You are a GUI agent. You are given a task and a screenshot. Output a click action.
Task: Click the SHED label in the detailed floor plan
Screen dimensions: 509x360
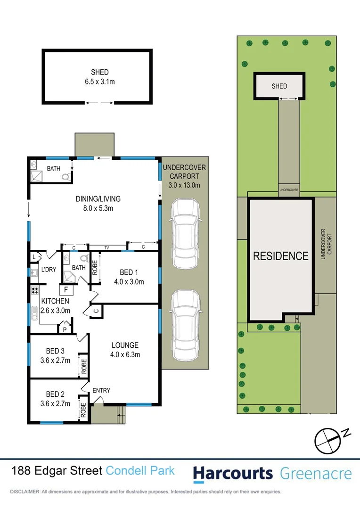pyautogui.click(x=99, y=72)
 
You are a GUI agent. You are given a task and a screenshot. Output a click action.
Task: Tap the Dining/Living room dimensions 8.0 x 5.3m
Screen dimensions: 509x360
pyautogui.click(x=98, y=207)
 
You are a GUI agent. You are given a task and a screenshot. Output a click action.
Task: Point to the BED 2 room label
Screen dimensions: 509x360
pyautogui.click(x=55, y=394)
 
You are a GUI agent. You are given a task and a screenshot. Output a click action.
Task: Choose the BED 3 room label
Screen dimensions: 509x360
pyautogui.click(x=55, y=351)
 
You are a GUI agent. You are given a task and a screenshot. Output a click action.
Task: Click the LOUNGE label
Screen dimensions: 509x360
pyautogui.click(x=125, y=345)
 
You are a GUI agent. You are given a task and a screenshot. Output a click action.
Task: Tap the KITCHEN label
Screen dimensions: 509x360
pyautogui.click(x=55, y=301)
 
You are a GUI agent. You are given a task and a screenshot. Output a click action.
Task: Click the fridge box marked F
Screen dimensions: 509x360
pyautogui.click(x=66, y=289)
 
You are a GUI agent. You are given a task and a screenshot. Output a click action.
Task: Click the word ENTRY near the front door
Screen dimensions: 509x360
pyautogui.click(x=101, y=390)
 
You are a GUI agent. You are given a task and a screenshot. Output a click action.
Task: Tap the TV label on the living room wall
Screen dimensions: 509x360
pyautogui.click(x=106, y=247)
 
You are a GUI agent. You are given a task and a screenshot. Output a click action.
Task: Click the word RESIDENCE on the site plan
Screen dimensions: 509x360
pyautogui.click(x=281, y=256)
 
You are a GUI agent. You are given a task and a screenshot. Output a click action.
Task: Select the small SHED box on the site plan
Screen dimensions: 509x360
pyautogui.click(x=279, y=86)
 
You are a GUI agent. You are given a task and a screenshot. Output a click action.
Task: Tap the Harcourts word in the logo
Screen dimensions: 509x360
pyautogui.click(x=233, y=473)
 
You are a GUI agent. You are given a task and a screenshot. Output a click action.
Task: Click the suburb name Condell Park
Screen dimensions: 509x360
pyautogui.click(x=140, y=470)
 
